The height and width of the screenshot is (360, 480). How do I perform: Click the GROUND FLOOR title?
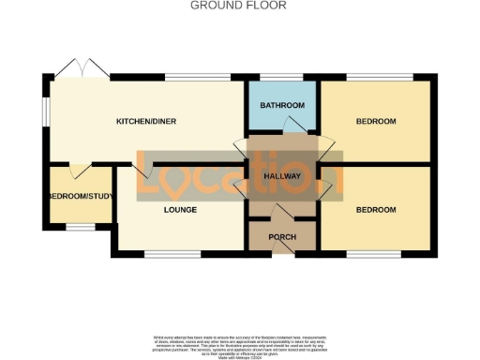[239, 6]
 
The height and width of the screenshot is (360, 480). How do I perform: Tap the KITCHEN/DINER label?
[146, 122]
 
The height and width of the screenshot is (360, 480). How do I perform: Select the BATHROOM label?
[282, 105]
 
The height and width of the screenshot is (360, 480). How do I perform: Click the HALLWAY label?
[281, 175]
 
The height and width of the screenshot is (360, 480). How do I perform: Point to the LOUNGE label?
[180, 210]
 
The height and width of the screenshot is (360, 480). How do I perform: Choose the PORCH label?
[282, 237]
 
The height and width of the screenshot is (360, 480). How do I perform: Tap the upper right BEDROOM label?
[376, 122]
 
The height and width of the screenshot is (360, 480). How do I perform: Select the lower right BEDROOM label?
[376, 210]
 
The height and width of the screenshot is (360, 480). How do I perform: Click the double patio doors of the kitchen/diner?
[81, 67]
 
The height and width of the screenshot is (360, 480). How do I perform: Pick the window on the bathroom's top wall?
[282, 77]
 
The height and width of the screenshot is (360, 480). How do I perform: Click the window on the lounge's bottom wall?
[172, 253]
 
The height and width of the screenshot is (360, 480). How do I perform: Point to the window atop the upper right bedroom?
[376, 77]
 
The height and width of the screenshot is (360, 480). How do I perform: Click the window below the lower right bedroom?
[376, 253]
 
